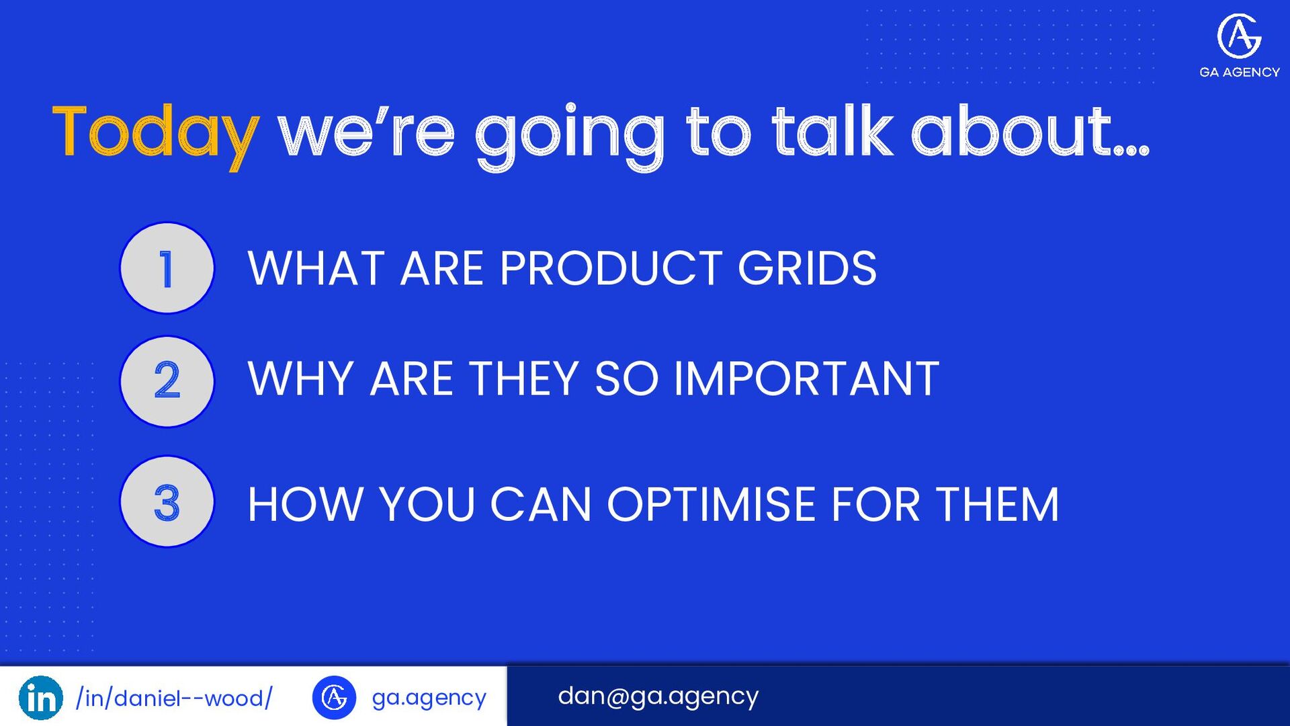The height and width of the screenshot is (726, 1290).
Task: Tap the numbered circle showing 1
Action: click(167, 268)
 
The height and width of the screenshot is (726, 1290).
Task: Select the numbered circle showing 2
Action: click(167, 381)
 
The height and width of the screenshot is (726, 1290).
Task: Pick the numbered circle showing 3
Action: click(167, 501)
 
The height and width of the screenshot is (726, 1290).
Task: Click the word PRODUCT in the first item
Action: click(611, 268)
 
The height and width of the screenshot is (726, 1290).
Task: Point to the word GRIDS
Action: click(807, 268)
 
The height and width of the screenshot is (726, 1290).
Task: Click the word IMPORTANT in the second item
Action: click(806, 378)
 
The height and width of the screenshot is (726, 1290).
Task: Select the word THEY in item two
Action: click(523, 378)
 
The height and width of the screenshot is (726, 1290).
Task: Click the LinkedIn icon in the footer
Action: click(41, 698)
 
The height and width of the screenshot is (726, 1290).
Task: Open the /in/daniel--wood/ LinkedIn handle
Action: click(175, 698)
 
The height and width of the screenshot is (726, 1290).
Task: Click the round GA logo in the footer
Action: click(334, 698)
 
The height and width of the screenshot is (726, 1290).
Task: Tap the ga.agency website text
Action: click(429, 698)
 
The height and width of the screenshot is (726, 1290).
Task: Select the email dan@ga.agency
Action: click(658, 696)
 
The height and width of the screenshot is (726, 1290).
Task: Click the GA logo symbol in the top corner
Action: click(1239, 36)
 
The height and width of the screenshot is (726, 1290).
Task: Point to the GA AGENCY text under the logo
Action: click(1240, 72)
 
